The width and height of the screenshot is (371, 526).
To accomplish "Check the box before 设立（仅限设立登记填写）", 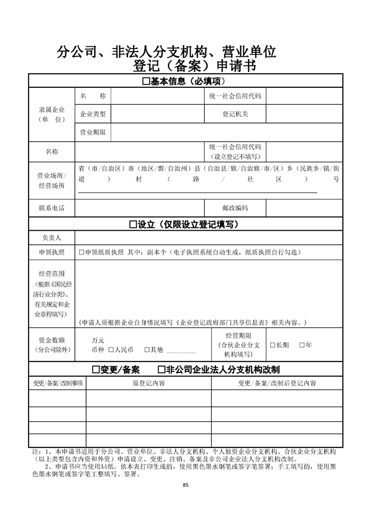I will coord(132,224).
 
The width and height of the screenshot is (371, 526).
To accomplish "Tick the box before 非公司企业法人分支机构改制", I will coord(162,370).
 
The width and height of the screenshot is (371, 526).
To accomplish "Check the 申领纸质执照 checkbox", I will coord(81,252).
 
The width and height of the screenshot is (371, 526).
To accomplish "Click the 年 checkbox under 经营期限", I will coord(302,345).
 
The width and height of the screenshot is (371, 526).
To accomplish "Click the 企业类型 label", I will coord(92,114).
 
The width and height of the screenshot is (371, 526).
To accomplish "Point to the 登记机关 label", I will coord(235,114).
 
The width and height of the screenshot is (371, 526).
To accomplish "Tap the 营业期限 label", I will coord(92,132).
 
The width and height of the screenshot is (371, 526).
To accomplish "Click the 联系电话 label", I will coord(51,208).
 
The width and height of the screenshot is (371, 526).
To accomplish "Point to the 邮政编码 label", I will coord(235,208).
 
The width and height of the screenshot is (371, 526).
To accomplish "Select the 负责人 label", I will coord(51,238).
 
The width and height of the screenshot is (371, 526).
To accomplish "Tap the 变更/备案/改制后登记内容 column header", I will coord(277,383).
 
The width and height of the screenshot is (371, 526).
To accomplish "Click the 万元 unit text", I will coord(98,340).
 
